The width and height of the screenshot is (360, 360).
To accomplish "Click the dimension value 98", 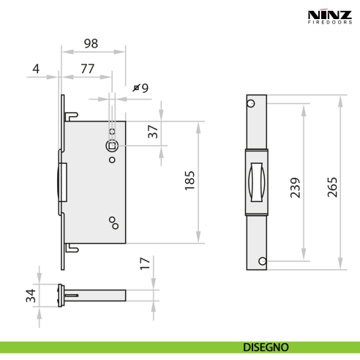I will tap(91, 44).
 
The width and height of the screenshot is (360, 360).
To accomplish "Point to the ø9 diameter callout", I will tap(141, 88).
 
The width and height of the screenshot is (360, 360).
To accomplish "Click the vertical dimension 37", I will tap(152, 132).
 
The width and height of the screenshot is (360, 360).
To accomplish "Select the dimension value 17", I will tap(146, 263).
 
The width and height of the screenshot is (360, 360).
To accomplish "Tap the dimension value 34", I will tap(30, 296).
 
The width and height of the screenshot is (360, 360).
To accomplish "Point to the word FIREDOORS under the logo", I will tap(328, 23).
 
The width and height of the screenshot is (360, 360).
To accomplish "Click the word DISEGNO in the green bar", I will tap(266, 346).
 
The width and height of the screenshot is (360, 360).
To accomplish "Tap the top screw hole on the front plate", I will tap(251, 103).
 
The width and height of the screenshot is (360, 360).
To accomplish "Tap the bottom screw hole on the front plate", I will tap(251, 261).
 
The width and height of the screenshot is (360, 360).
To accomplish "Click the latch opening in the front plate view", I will tap(256, 182).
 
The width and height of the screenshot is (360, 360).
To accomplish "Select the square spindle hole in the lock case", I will tap(111, 146).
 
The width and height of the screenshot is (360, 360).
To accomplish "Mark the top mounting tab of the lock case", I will tap(72, 116).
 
